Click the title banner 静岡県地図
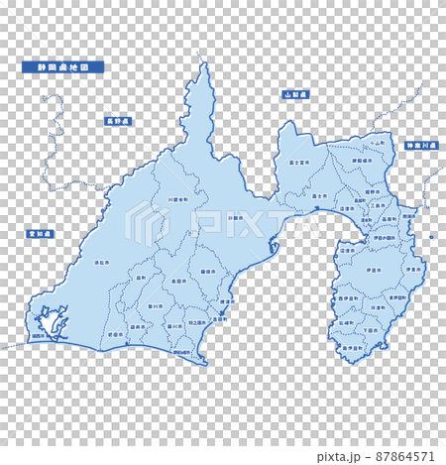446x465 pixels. tap(62, 67)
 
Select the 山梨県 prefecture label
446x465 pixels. tap(294, 94)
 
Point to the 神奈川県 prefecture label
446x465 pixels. tap(419, 146)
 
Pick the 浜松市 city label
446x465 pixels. tap(100, 264)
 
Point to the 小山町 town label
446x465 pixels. tap(373, 143)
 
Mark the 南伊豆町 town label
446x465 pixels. tap(353, 348)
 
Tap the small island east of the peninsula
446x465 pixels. tap(432, 237)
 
